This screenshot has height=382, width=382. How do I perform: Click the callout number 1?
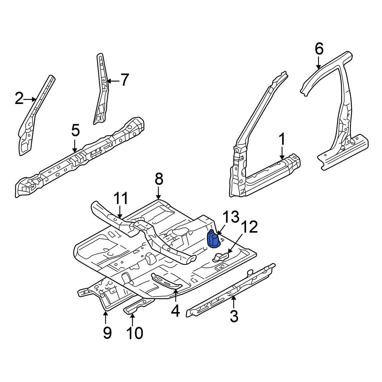[x=282, y=139]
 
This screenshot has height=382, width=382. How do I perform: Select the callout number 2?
[x=19, y=99]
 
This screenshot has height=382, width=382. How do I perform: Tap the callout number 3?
[x=234, y=316]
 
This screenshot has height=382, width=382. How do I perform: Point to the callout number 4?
[x=175, y=311]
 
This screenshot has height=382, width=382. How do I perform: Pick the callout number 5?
[x=75, y=130]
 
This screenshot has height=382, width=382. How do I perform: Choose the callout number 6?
[x=319, y=49]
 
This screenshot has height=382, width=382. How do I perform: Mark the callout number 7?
[x=125, y=80]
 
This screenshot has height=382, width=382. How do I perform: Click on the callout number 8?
[x=159, y=179]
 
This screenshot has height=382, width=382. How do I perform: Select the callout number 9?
[x=107, y=333]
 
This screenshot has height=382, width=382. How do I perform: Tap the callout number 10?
[x=134, y=333]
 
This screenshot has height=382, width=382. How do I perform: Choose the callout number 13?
[x=231, y=217]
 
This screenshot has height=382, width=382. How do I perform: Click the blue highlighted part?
[x=213, y=239]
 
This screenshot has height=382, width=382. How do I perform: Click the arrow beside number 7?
[x=113, y=81]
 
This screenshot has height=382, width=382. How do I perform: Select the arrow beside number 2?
[x=30, y=99]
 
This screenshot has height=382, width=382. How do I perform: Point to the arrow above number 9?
[x=105, y=317]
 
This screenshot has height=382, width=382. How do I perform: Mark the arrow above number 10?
[x=132, y=320]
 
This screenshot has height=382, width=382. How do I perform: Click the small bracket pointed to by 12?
[x=220, y=257]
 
